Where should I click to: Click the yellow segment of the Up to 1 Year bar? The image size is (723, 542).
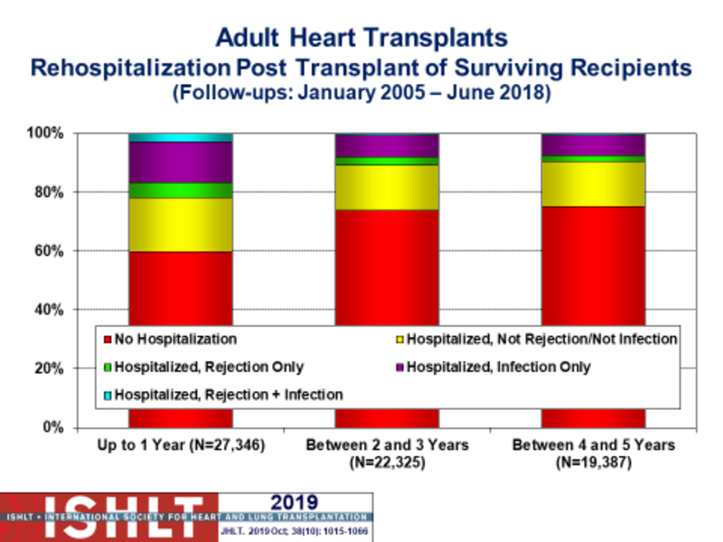tap(180, 224)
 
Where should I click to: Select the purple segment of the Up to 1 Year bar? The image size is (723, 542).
tap(180, 163)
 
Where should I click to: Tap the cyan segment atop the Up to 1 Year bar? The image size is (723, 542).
tap(180, 137)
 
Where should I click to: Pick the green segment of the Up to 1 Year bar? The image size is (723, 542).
tap(180, 190)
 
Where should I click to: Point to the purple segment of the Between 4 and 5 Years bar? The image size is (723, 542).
tap(593, 145)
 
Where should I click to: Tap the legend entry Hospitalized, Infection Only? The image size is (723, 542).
tap(498, 366)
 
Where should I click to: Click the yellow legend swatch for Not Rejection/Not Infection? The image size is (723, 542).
tap(399, 339)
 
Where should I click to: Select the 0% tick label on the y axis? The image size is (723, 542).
tap(53, 427)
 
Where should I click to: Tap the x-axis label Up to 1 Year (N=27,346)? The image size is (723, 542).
tap(180, 446)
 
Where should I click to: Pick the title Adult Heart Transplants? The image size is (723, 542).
tap(361, 39)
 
